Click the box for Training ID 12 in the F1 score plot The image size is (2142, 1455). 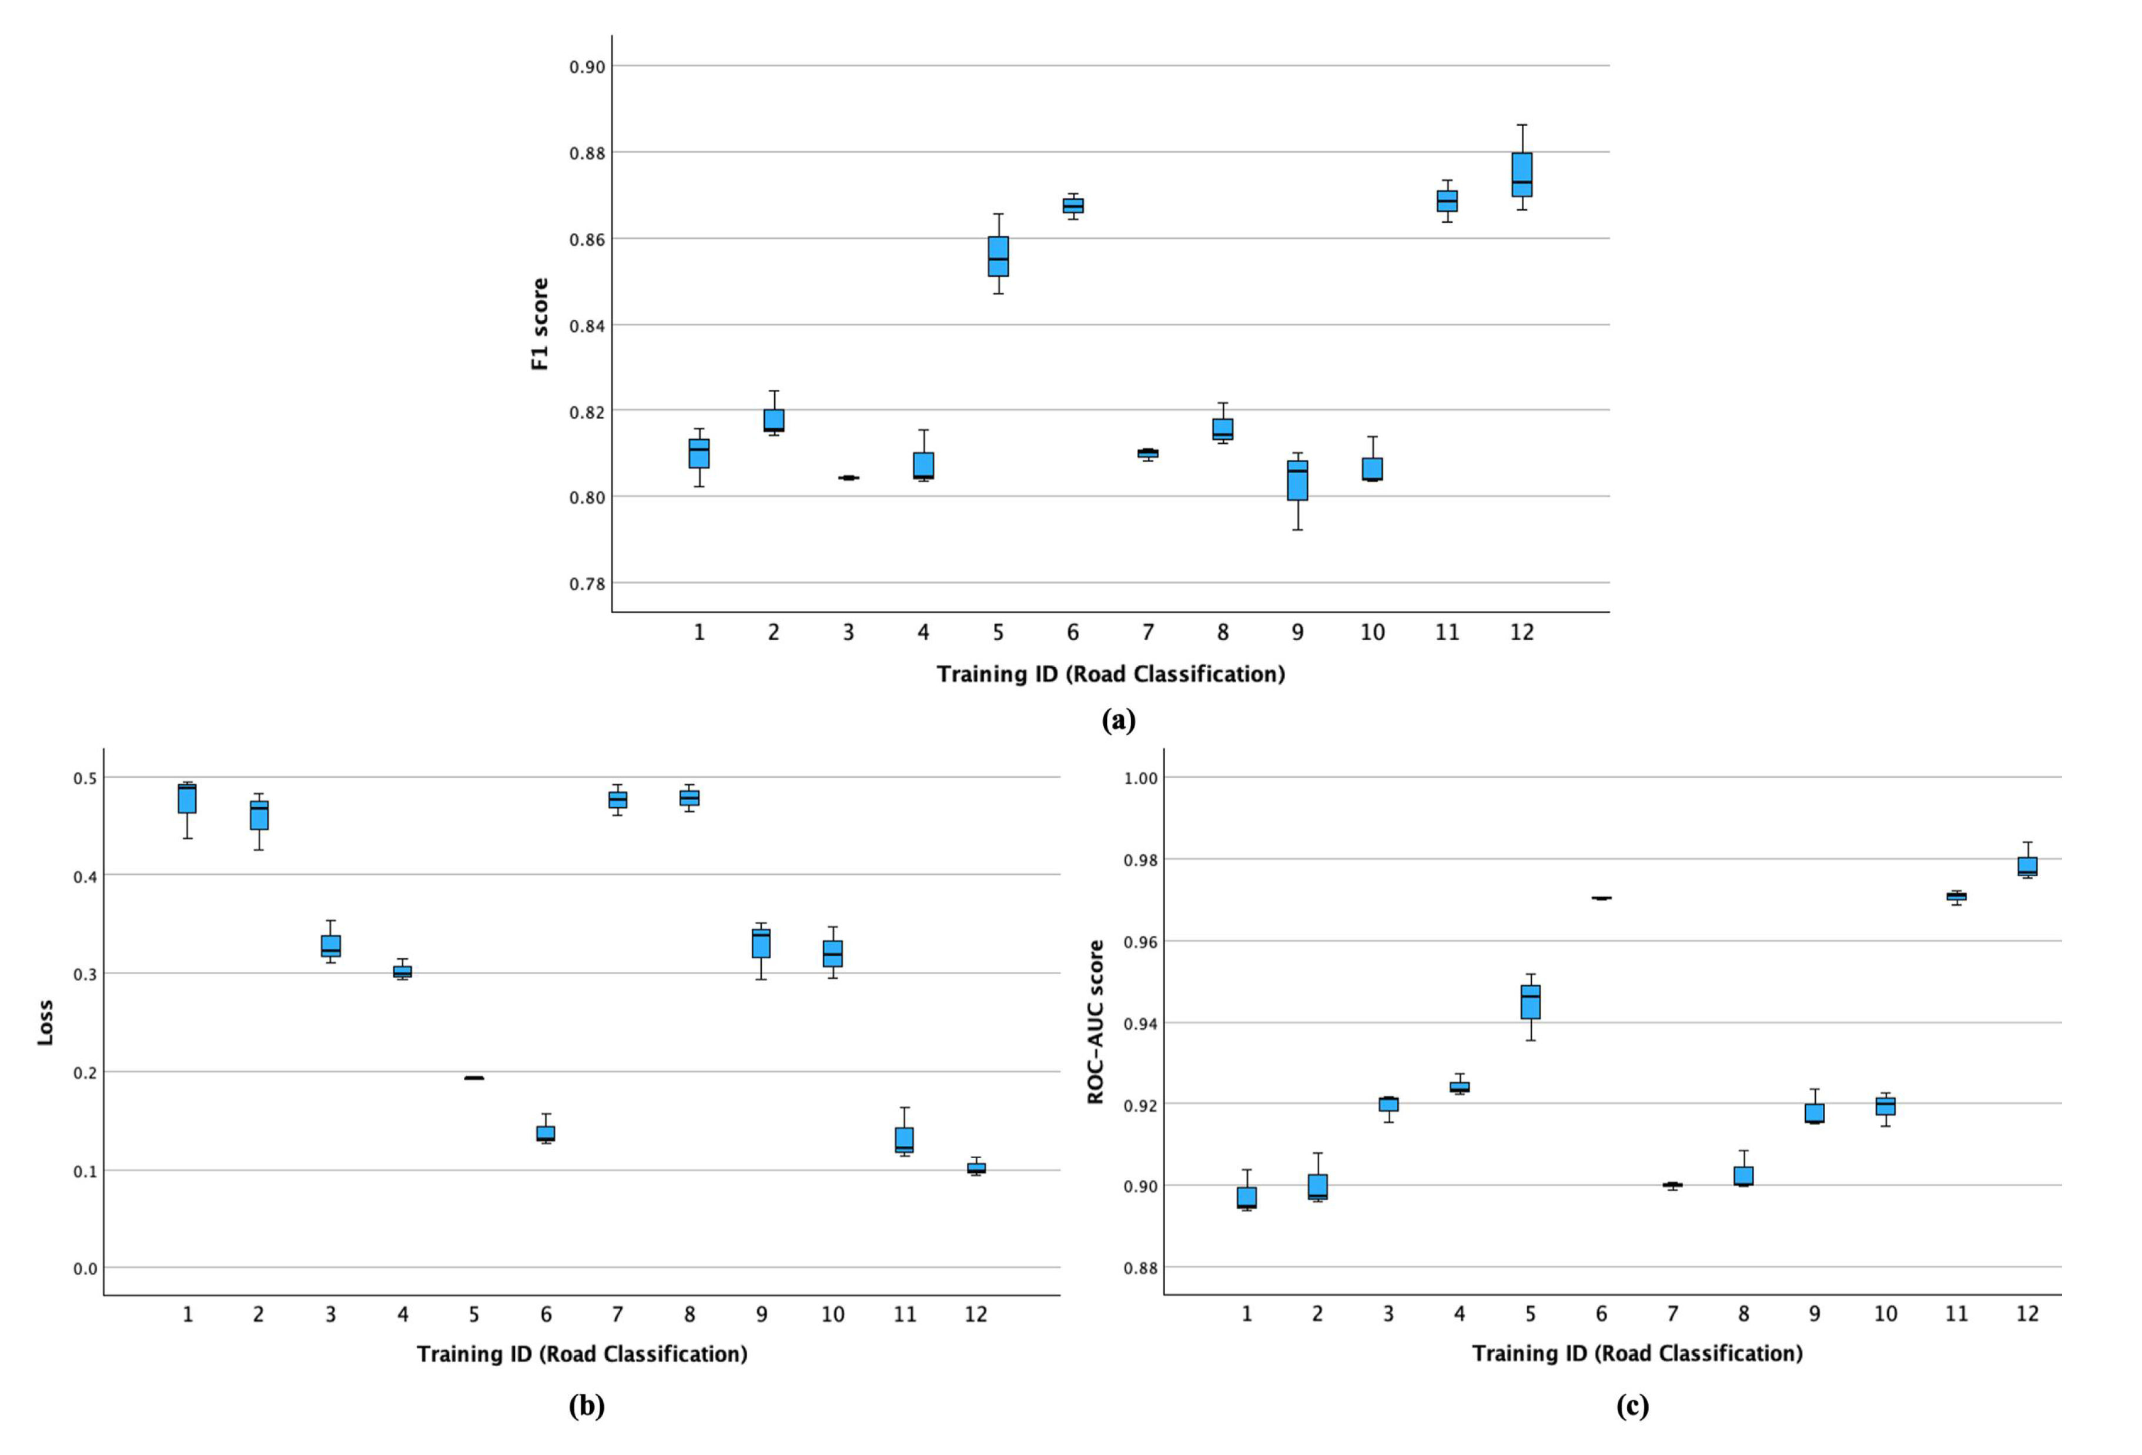(1522, 174)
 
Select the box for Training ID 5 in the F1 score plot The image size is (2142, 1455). (998, 256)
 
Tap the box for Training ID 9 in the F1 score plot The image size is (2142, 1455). (1298, 480)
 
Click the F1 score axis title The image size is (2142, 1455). (540, 325)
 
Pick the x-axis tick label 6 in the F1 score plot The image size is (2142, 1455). (1073, 633)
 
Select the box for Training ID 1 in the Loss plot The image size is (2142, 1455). (187, 798)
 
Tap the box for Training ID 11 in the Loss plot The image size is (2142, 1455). (904, 1140)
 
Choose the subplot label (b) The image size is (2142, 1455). (586, 1406)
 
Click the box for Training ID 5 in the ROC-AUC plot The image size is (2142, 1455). (1530, 1001)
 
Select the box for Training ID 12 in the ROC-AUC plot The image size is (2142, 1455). (2027, 866)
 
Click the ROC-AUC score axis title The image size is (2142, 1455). (1095, 1022)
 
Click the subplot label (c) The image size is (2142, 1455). (1632, 1406)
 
